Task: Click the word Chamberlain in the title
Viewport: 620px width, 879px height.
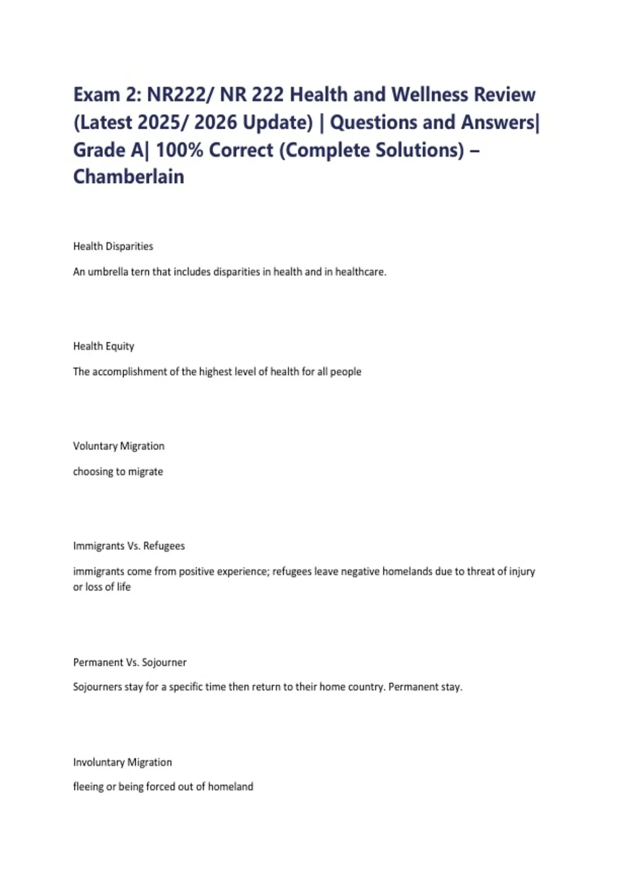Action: (x=129, y=177)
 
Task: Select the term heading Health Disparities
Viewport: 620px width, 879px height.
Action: (x=113, y=247)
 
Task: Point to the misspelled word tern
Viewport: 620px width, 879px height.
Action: (x=140, y=272)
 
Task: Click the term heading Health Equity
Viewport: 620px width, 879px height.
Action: (x=103, y=346)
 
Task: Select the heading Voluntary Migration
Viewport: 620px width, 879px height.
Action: (x=119, y=446)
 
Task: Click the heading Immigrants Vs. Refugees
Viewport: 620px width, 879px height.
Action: (x=129, y=546)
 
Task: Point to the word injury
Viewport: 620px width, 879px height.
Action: (x=522, y=571)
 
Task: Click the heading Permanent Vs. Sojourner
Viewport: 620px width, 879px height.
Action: (x=130, y=662)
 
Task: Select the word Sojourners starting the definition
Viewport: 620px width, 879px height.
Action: (x=97, y=687)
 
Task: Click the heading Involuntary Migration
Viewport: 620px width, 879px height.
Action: (x=122, y=762)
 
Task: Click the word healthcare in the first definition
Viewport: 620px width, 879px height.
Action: (x=360, y=272)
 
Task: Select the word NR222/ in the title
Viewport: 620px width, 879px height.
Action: (x=180, y=95)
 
